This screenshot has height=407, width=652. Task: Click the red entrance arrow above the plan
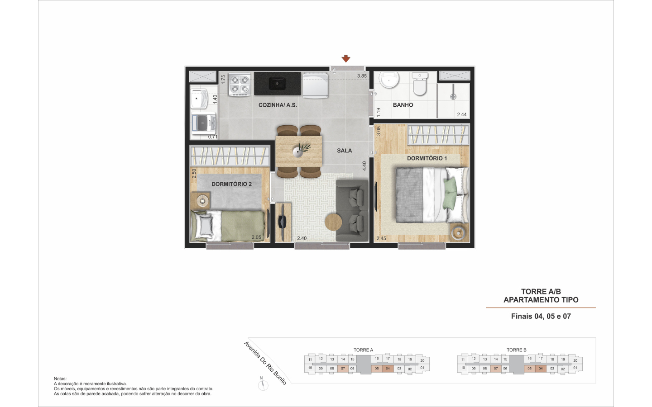pos(346,58)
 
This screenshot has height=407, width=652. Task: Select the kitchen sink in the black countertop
pos(277,84)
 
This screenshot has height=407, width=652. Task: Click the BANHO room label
pos(403,105)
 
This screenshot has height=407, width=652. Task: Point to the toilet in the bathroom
pos(420,84)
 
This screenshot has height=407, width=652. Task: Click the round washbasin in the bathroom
pos(390,80)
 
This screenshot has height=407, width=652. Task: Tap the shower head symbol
pos(453,96)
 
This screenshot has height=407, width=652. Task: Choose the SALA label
pos(344,151)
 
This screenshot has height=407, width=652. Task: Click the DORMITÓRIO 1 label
pos(427,158)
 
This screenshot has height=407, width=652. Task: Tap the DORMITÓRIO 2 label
pos(231,184)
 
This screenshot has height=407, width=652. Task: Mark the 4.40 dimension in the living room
pos(364,166)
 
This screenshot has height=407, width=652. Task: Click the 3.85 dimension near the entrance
pos(362,76)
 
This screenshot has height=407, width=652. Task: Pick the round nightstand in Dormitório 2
pos(202,201)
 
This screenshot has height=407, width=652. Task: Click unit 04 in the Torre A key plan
pos(388,369)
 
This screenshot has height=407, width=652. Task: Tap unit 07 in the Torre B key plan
pos(496,369)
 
